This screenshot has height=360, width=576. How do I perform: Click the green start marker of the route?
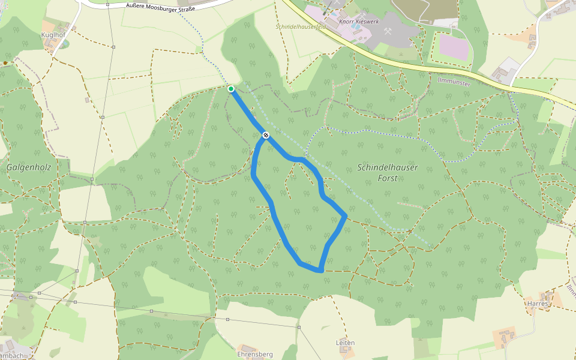231,89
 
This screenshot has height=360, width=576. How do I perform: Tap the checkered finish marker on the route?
265,136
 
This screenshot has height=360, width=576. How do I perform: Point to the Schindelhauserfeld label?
301,27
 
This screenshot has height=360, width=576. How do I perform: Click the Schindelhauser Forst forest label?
388,173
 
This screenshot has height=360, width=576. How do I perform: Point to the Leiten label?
345,343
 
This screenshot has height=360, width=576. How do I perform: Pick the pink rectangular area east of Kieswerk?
455,46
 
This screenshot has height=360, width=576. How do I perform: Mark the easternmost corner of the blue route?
346,215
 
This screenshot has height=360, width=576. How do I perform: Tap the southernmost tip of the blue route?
321,271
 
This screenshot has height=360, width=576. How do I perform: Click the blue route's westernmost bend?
254,176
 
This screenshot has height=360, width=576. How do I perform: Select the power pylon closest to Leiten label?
299,328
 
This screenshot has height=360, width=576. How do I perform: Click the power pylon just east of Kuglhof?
113,46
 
